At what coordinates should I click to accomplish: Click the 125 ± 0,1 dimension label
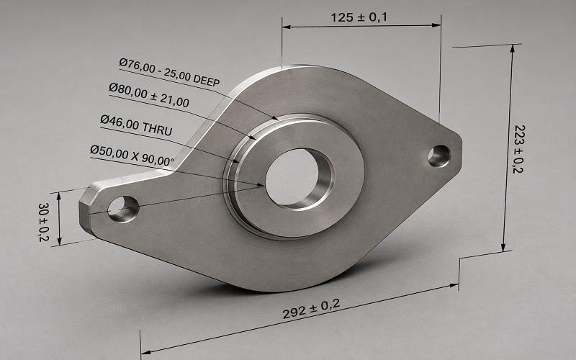click(359, 17)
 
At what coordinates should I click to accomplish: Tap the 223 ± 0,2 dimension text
click(518, 149)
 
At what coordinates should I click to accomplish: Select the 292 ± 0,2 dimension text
click(312, 309)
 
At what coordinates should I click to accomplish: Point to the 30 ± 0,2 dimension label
click(43, 222)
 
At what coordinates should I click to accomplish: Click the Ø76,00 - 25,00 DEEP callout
click(169, 73)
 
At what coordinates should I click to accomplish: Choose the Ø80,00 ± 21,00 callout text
click(149, 95)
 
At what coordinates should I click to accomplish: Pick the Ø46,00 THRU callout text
click(136, 125)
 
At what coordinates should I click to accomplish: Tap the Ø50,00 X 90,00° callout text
click(132, 156)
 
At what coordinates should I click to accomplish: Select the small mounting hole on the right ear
click(439, 156)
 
